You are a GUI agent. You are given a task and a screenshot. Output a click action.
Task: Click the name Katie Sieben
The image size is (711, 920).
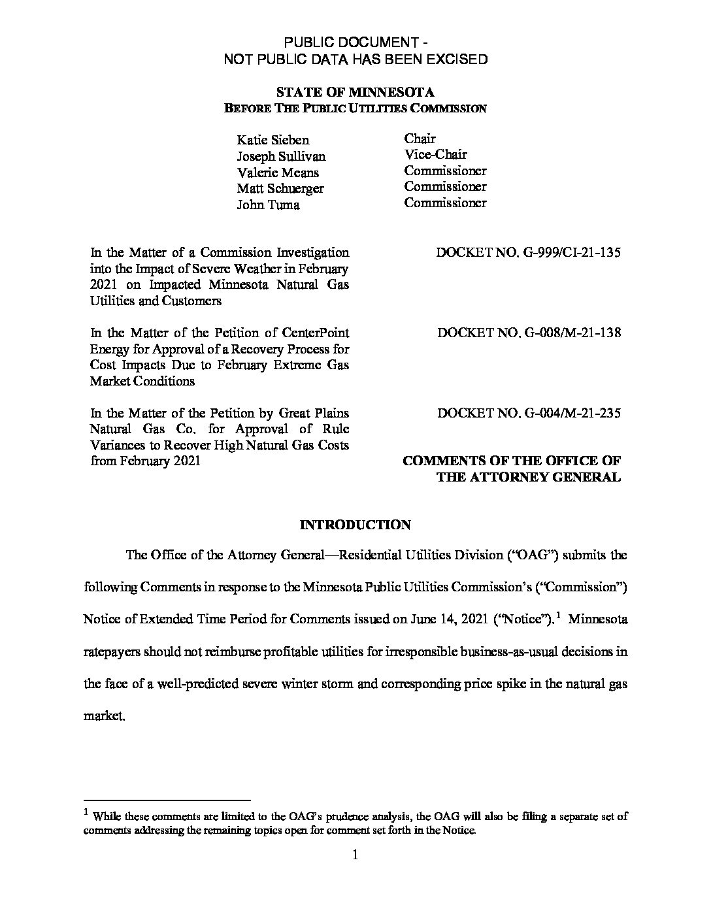click(273, 140)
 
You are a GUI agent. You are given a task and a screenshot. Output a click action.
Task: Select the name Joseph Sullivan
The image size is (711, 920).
click(280, 156)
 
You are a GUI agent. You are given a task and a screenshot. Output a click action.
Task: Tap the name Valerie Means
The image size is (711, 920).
click(277, 172)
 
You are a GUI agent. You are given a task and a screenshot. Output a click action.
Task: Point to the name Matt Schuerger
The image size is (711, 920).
click(280, 189)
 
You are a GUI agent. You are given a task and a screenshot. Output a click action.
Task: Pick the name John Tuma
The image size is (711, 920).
click(268, 205)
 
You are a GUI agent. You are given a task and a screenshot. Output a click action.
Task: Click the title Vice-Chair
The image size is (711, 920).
click(435, 155)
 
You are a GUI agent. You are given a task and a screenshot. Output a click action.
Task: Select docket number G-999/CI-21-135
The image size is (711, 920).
click(528, 252)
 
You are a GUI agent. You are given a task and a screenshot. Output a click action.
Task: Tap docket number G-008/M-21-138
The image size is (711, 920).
click(529, 333)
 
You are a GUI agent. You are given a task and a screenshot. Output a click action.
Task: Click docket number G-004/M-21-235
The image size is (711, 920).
click(529, 413)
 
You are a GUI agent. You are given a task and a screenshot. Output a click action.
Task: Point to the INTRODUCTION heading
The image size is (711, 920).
click(355, 525)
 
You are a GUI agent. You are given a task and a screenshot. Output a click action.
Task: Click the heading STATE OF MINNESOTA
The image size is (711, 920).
click(355, 93)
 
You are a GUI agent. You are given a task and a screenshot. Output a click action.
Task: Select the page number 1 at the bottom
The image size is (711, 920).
click(355, 855)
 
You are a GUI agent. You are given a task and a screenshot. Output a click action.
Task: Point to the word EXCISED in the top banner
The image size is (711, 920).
click(457, 59)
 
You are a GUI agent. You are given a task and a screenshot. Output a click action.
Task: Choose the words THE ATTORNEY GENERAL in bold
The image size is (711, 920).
click(528, 477)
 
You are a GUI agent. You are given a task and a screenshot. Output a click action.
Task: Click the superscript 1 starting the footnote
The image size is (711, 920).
click(86, 813)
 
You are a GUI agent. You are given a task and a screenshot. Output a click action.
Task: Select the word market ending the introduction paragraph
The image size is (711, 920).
click(103, 715)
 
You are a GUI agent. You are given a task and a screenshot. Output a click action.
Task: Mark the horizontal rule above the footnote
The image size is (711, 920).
click(168, 800)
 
